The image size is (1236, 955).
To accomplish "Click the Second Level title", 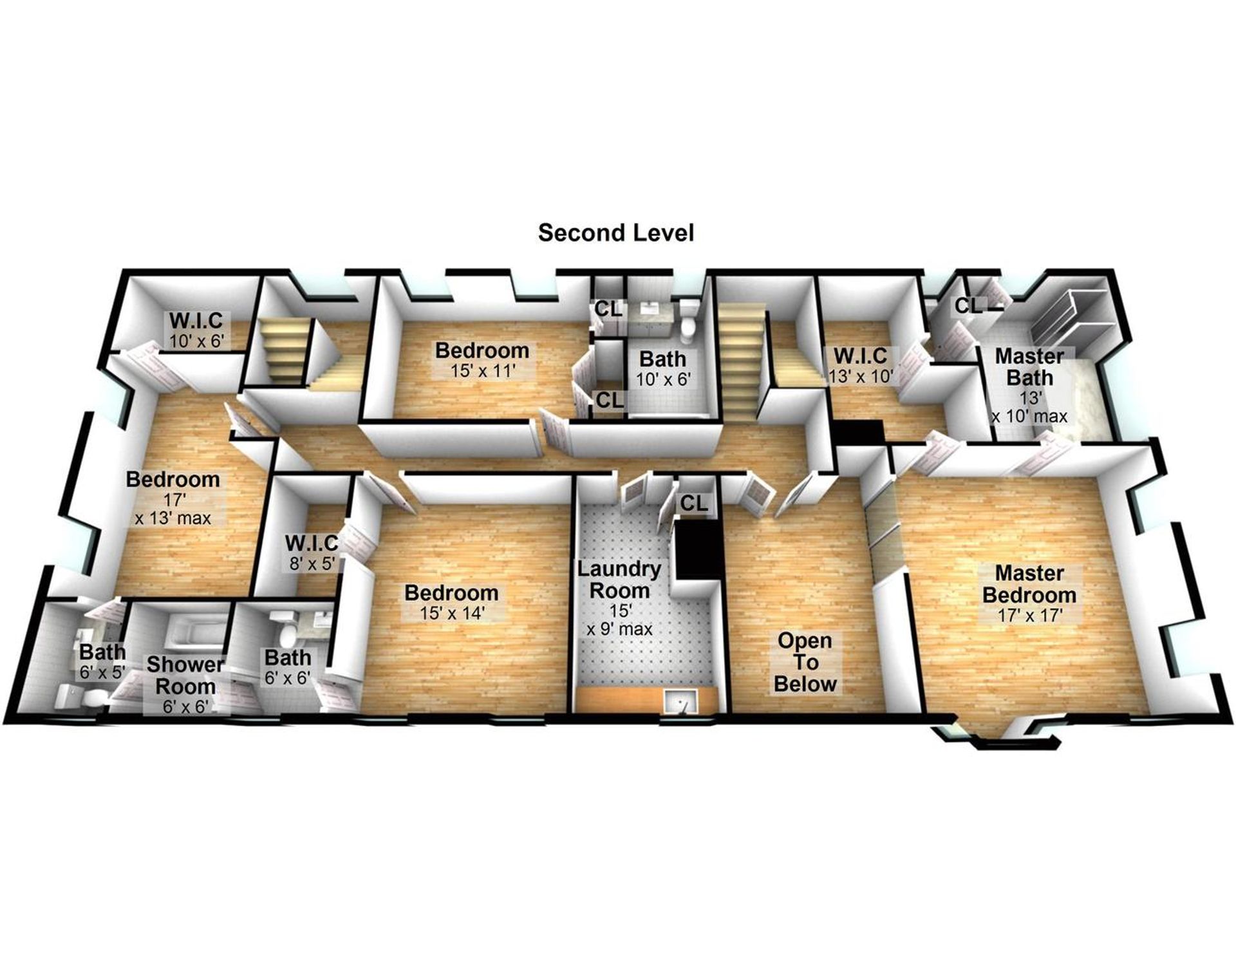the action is (x=616, y=233).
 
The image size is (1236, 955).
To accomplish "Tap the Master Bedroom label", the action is (x=1029, y=583).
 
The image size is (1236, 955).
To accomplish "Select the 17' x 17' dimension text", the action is (x=1029, y=615).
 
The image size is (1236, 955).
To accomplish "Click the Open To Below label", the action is (x=805, y=662).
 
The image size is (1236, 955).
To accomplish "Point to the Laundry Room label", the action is (x=619, y=580).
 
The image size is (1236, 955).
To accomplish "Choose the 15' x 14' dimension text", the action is (x=451, y=613).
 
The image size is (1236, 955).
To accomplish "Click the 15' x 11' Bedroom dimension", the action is (x=482, y=372).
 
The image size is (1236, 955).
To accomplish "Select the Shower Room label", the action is (x=185, y=675).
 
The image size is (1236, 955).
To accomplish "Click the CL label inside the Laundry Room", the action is (x=693, y=503).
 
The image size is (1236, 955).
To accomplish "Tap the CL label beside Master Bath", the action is (x=968, y=305).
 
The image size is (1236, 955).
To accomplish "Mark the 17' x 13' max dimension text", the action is (x=173, y=509).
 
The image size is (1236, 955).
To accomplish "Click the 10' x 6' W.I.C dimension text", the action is (x=196, y=341).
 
